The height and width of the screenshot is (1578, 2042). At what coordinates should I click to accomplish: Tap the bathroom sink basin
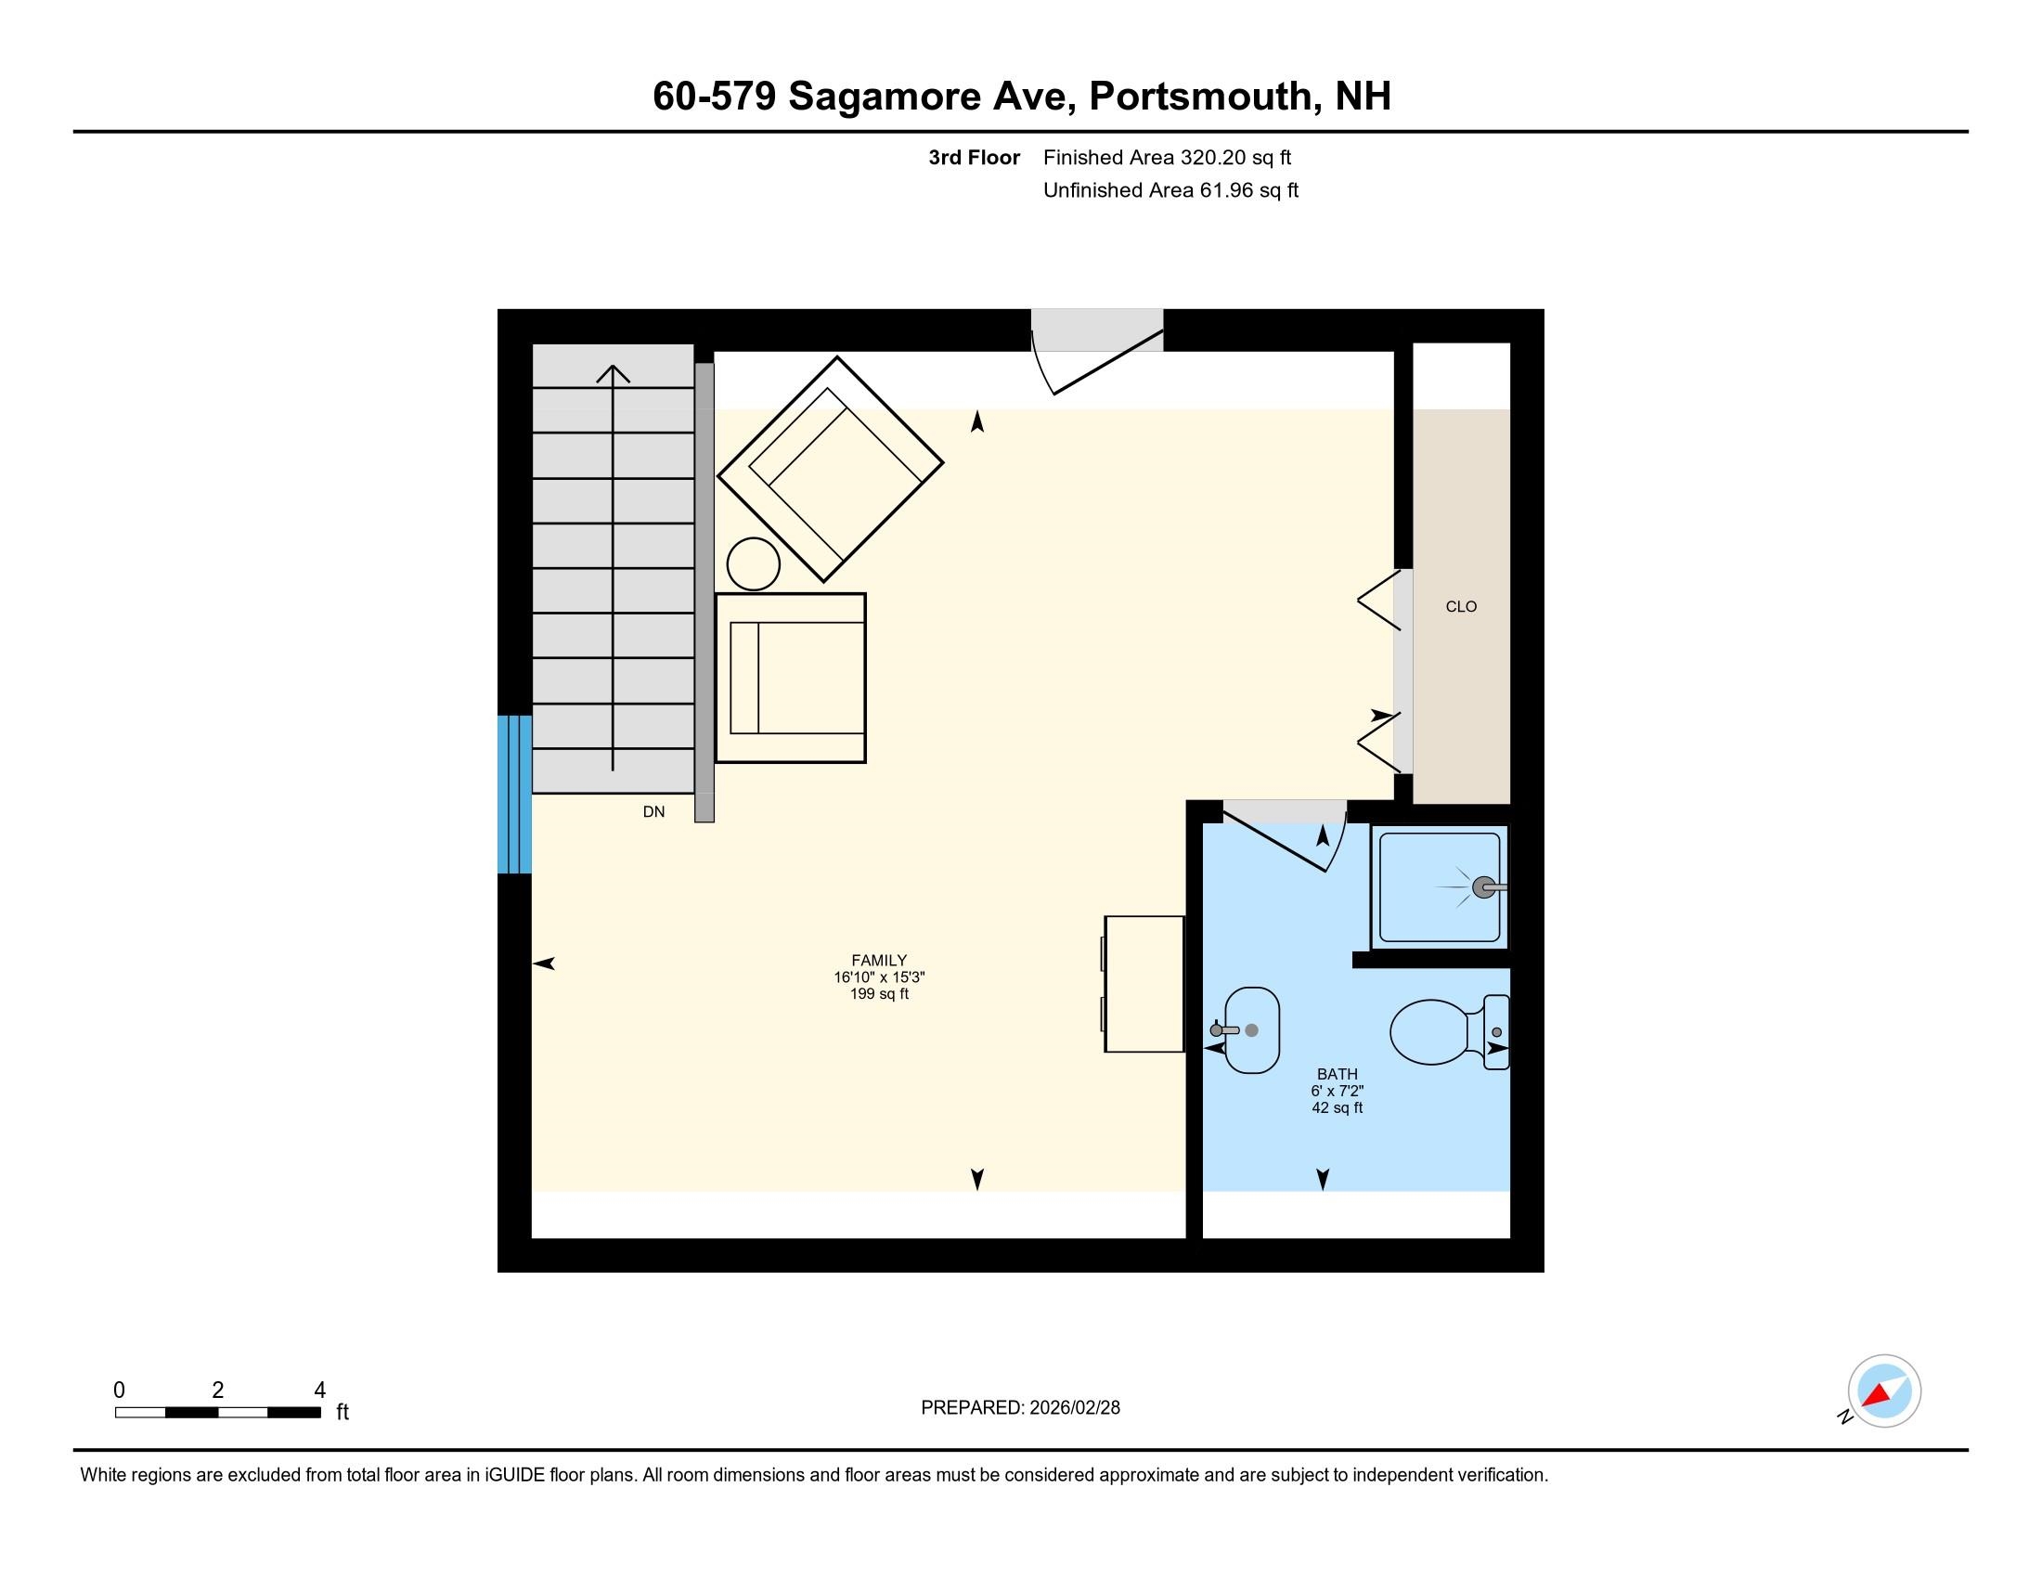(1251, 1030)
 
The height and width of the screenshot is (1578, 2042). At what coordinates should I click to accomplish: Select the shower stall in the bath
(1439, 887)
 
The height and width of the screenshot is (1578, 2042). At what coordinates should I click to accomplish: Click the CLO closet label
(1460, 607)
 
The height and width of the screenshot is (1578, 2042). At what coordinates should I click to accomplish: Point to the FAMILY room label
(878, 960)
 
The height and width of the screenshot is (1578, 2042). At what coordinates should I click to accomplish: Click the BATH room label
(1336, 1074)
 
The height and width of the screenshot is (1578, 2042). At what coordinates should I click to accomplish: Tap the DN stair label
(653, 811)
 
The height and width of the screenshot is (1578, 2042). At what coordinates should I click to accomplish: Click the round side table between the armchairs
(753, 563)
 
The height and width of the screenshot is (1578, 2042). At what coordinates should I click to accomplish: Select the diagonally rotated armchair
(831, 469)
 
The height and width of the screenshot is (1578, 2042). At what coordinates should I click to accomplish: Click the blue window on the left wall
(514, 794)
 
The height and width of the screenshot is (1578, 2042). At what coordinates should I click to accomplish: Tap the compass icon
(1883, 1390)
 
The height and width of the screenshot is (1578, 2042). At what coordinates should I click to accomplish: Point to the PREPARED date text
(1020, 1407)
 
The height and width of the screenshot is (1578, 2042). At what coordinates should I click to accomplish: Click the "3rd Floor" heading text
(974, 158)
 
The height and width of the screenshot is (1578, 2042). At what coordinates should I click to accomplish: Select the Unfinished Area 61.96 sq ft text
(1170, 190)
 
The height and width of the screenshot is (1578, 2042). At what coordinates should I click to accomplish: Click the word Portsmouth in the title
(1199, 97)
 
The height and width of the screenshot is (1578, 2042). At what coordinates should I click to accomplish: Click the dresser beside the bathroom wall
(1144, 983)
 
